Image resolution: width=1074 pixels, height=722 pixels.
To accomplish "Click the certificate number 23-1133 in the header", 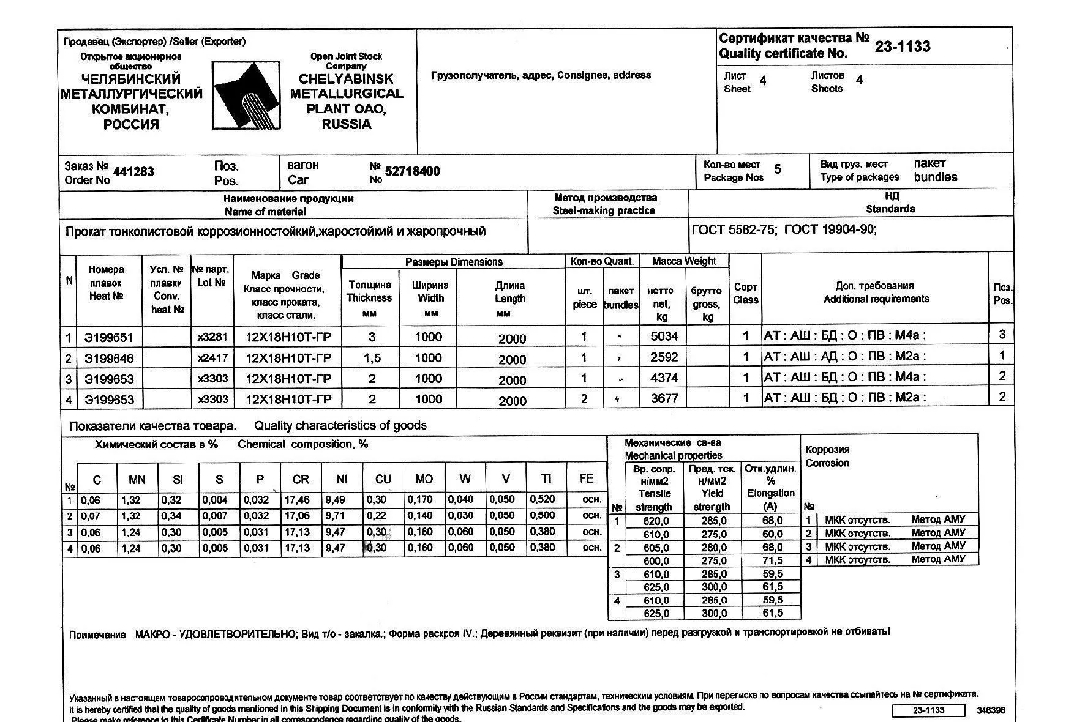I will click(x=902, y=47).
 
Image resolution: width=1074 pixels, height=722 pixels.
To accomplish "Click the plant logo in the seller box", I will click(x=246, y=95).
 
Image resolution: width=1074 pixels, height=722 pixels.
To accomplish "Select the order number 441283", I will click(x=133, y=172).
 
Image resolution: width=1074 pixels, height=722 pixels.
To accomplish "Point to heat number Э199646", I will click(x=109, y=359).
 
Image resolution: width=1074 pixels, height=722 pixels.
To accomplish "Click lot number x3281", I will click(x=212, y=337).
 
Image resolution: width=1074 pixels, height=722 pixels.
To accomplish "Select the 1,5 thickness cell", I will click(x=372, y=359).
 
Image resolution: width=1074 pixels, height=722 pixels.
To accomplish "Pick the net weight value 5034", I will click(x=664, y=336).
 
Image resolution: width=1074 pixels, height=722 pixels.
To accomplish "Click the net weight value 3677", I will click(x=664, y=398).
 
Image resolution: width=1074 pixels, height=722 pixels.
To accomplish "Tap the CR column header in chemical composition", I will click(x=301, y=480).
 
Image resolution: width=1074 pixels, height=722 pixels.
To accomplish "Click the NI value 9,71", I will click(x=335, y=516).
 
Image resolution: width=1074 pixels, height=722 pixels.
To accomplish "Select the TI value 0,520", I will click(x=543, y=499).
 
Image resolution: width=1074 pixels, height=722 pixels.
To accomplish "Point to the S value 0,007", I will click(x=215, y=516).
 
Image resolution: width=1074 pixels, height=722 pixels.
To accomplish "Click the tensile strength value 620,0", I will click(x=656, y=521).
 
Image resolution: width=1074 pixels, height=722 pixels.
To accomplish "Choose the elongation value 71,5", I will click(x=772, y=560).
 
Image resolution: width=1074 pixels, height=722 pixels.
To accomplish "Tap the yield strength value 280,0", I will click(x=714, y=548).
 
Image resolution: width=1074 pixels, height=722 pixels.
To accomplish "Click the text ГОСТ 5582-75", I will click(x=733, y=230).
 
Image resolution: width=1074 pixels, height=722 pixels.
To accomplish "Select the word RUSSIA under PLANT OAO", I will click(x=347, y=125).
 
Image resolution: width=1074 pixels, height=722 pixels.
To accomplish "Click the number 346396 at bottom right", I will click(x=991, y=710).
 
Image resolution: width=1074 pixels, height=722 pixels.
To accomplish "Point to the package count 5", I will click(x=777, y=169).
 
